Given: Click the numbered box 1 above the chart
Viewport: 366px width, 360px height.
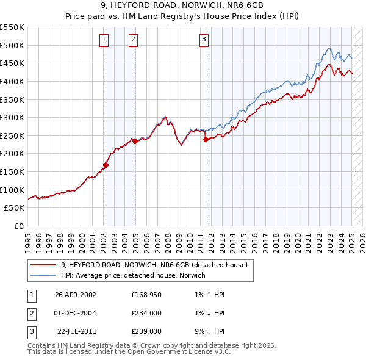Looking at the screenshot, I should tap(104, 40).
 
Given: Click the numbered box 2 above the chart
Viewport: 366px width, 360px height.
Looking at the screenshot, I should tap(133, 40).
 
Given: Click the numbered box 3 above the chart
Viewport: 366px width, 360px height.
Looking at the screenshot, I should tap(204, 40).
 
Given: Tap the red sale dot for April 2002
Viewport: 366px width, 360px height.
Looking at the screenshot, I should tap(106, 165).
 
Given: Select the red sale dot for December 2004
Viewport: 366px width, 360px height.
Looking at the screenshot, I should tap(135, 141).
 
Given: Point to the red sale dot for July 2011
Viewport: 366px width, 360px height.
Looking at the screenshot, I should tap(206, 139).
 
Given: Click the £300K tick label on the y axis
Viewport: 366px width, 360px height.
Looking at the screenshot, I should tap(12, 117).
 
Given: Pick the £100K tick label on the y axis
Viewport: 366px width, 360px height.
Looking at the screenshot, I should tap(12, 190).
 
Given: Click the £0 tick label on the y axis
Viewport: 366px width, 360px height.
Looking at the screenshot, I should tap(18, 226).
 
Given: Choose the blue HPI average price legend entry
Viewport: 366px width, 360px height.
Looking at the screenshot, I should tap(133, 275).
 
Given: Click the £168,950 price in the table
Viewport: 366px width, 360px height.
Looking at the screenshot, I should tap(146, 295).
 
